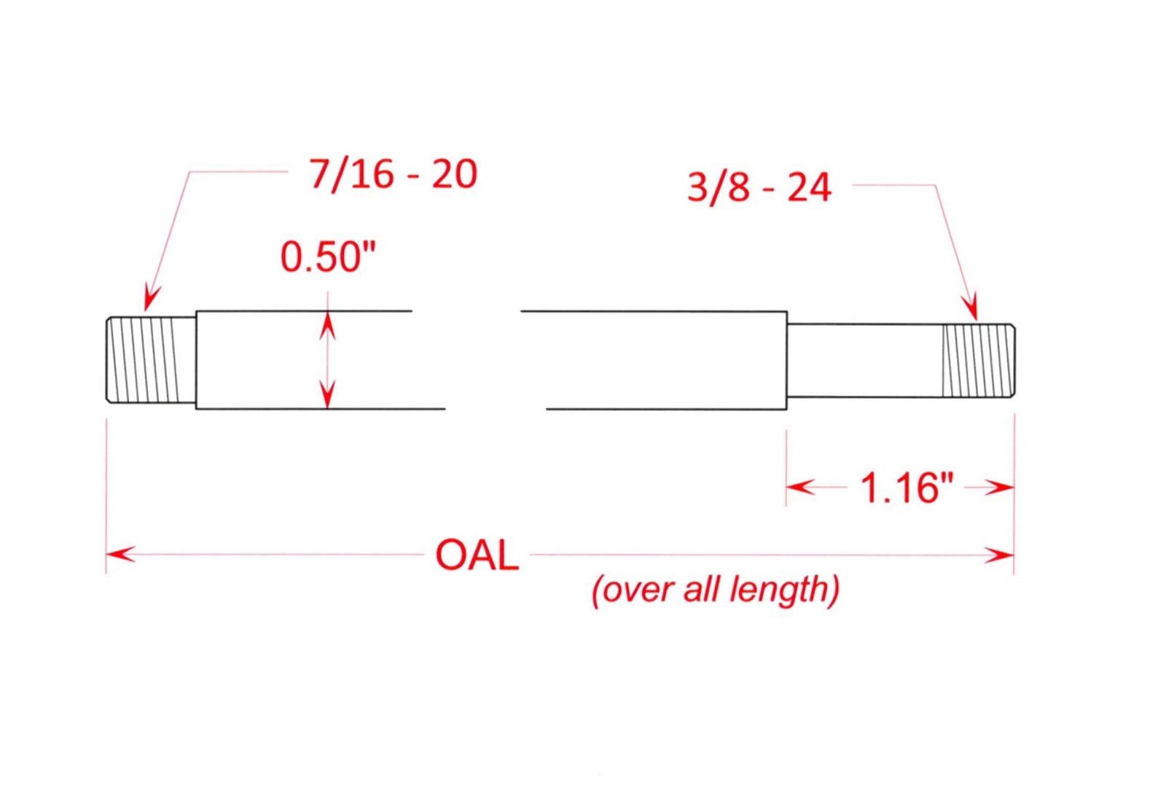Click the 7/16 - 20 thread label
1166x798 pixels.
[x=393, y=174]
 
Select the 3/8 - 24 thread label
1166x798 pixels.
[x=759, y=187]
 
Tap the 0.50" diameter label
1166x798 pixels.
[x=328, y=257]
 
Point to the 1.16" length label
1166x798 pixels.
[x=907, y=488]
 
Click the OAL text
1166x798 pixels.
[x=477, y=555]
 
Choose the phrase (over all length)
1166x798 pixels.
[x=716, y=589]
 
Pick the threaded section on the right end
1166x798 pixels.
[x=977, y=361]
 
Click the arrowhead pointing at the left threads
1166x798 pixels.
[x=151, y=299]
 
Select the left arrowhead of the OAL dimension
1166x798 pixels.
[x=120, y=555]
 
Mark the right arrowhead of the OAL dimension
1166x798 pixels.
[x=1000, y=555]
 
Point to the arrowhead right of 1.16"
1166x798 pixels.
[x=1000, y=487]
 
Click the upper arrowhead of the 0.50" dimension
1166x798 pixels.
[x=328, y=324]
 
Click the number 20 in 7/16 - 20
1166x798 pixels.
[x=454, y=174]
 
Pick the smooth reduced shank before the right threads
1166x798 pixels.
[x=864, y=361]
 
